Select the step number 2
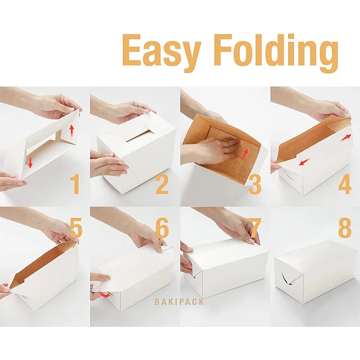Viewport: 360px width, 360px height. click(x=162, y=185)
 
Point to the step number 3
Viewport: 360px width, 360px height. click(x=255, y=185)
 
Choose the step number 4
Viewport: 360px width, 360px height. click(x=345, y=185)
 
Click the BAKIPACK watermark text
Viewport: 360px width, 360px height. click(x=179, y=302)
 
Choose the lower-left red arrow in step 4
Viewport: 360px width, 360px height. click(x=303, y=164)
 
